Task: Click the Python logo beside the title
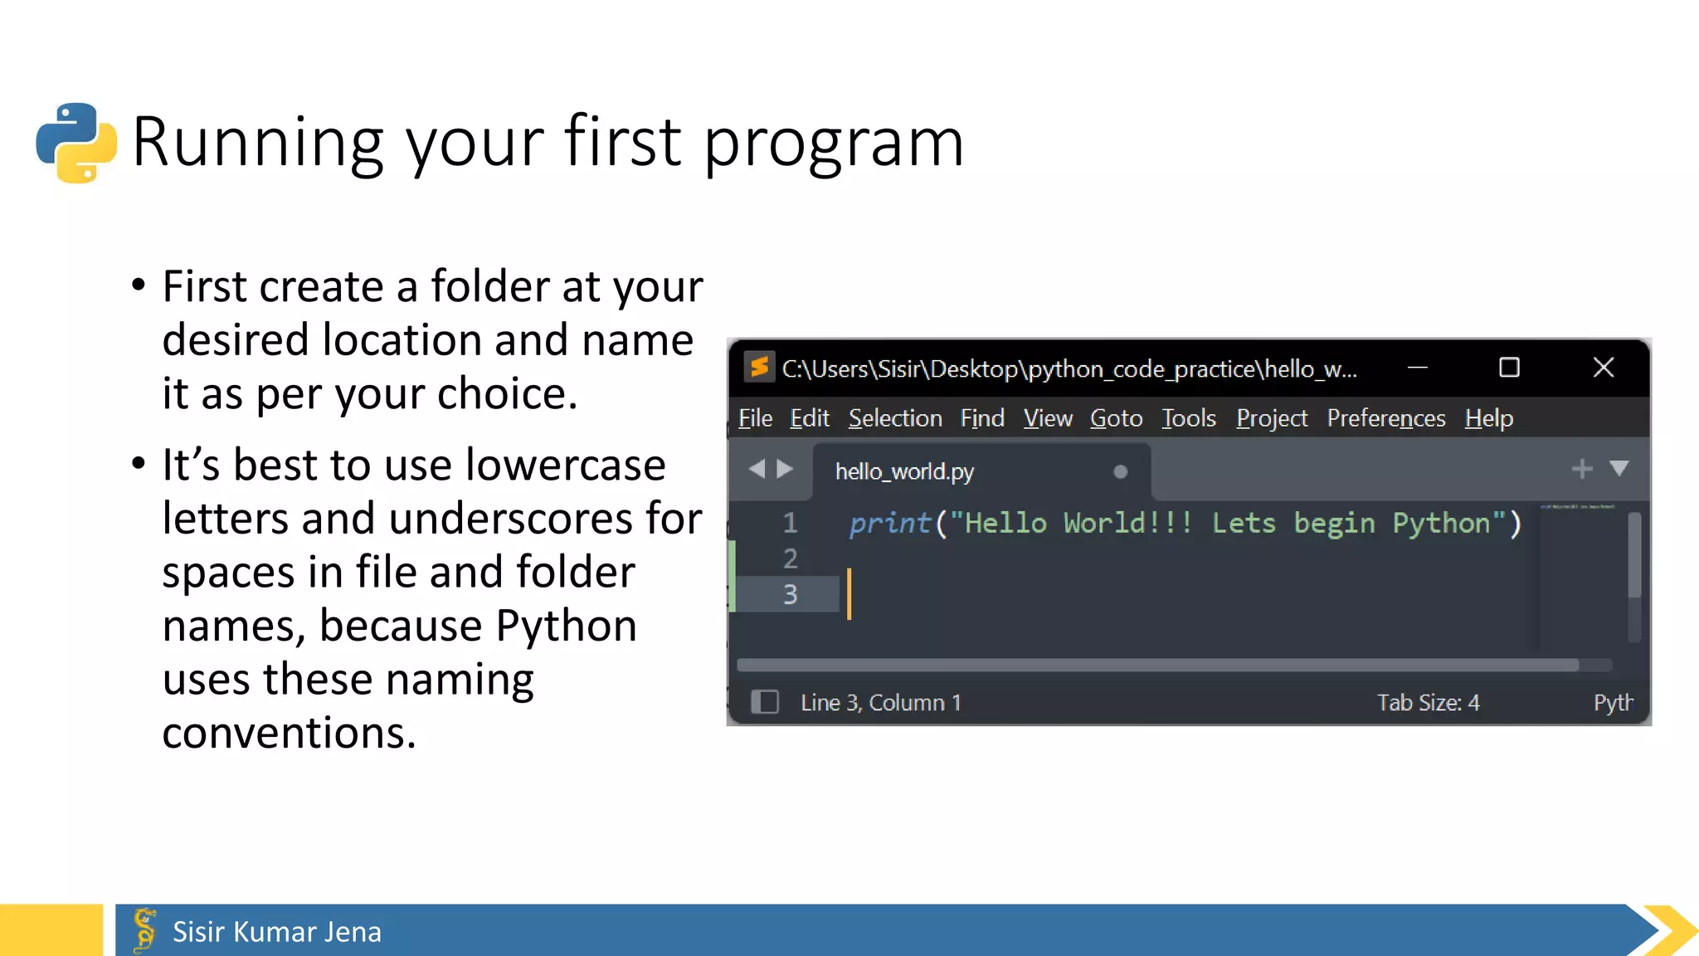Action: click(x=76, y=143)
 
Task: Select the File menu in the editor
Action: click(x=755, y=418)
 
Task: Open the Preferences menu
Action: click(x=1385, y=418)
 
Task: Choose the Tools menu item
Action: click(x=1188, y=418)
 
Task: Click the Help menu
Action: click(x=1488, y=418)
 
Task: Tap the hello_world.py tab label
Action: click(x=904, y=471)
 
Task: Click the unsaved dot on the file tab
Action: click(x=1120, y=471)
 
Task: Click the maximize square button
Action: click(x=1509, y=368)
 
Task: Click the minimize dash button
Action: click(x=1418, y=368)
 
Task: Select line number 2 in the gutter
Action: click(x=790, y=558)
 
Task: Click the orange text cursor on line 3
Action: click(x=849, y=593)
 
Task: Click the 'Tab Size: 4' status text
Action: click(x=1428, y=703)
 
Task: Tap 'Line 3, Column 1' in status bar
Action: click(x=880, y=703)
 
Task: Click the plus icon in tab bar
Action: click(x=1581, y=469)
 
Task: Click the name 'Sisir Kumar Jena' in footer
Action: click(x=276, y=932)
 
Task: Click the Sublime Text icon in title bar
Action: click(x=758, y=367)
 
